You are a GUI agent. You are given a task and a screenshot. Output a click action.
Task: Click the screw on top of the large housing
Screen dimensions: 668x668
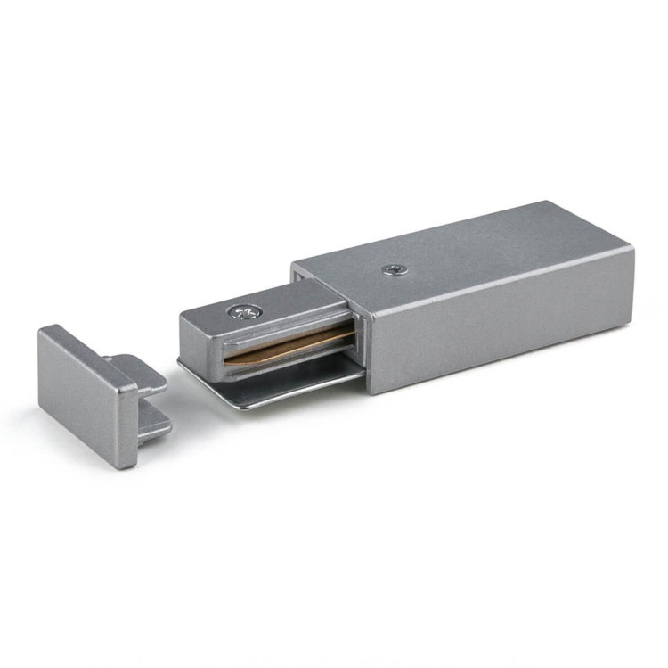392,268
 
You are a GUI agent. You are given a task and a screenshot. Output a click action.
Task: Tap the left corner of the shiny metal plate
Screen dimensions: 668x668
179,363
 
